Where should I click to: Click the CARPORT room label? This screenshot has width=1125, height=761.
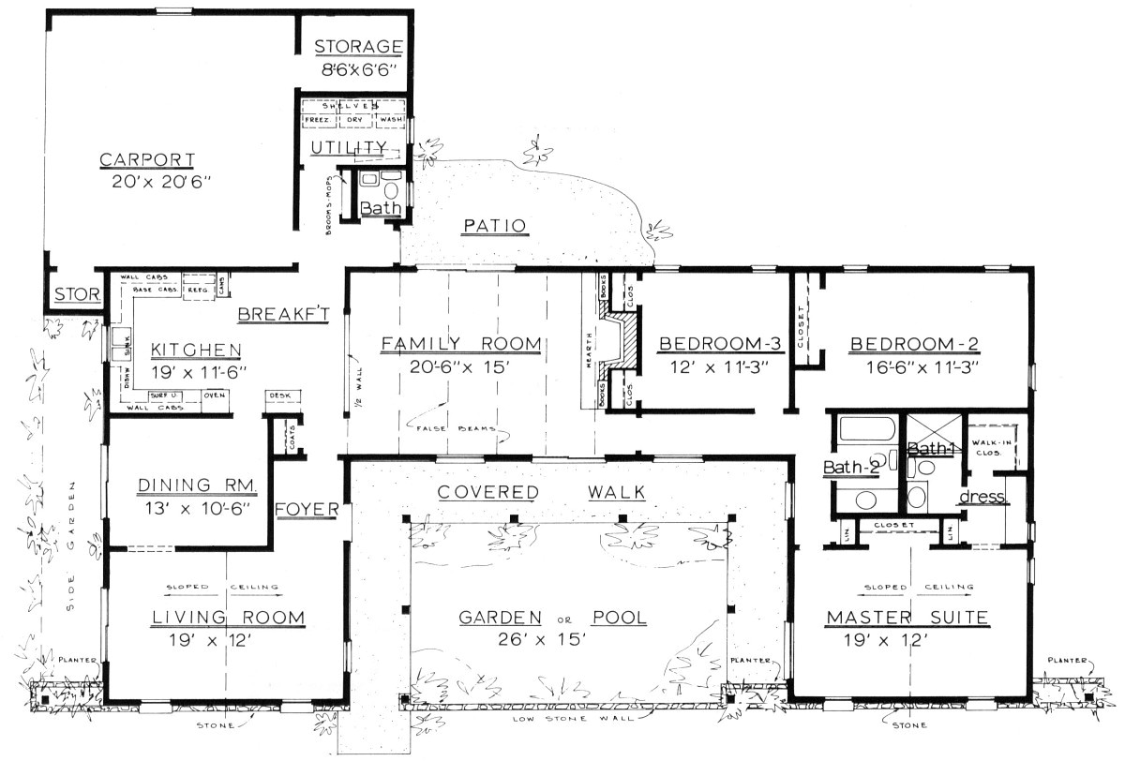[147, 158]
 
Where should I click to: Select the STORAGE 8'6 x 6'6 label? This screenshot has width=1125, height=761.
[358, 47]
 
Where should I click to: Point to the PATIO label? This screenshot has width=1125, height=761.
[494, 225]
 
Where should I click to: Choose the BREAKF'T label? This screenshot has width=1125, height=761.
[281, 315]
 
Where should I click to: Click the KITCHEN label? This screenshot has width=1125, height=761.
[196, 350]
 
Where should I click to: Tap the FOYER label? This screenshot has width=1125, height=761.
[307, 509]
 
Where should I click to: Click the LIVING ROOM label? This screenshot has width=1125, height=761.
[228, 617]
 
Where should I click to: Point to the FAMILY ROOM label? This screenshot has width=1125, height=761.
[460, 344]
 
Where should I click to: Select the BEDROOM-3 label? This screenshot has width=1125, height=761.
[713, 343]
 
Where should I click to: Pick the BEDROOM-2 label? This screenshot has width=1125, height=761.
[914, 343]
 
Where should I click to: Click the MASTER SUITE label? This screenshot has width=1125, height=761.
[907, 617]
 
